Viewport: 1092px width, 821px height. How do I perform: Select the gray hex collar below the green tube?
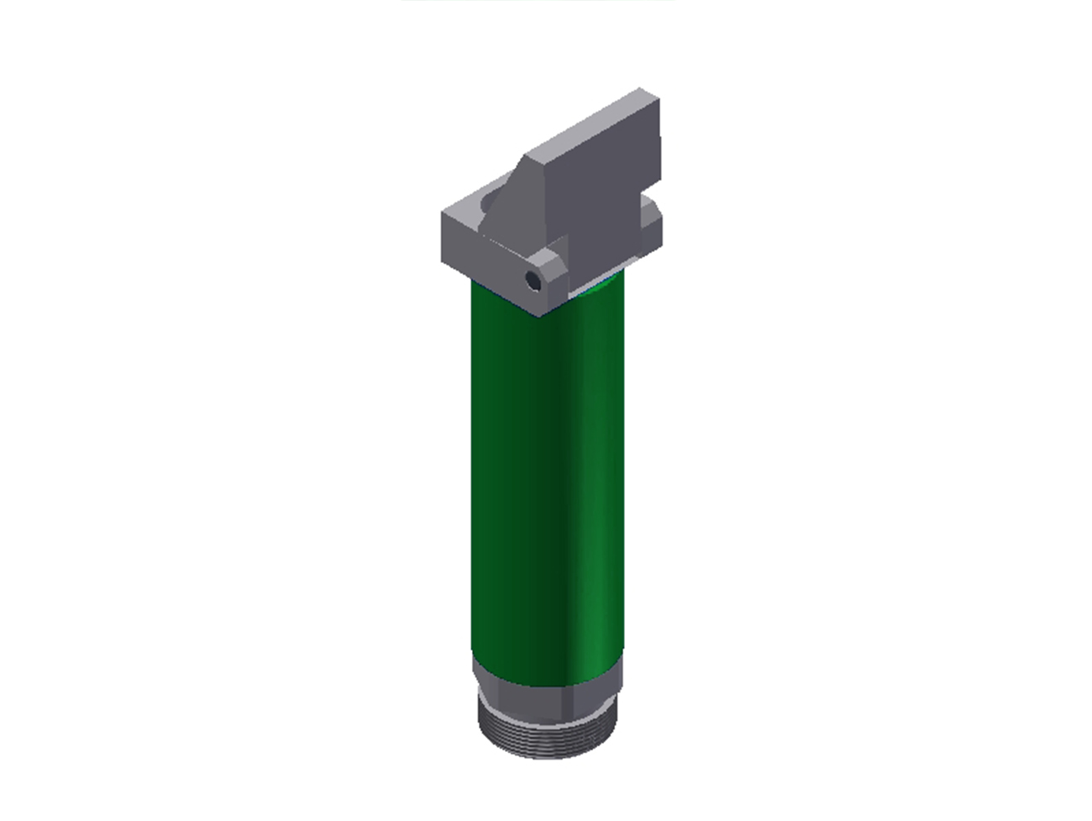click(546, 687)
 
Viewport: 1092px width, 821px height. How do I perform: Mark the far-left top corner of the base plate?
click(444, 214)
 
